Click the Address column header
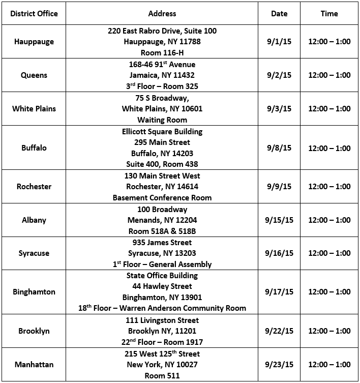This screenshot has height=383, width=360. (162, 14)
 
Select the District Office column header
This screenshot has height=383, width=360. (34, 14)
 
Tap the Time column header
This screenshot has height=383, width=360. (329, 14)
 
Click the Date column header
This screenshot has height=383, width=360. (279, 14)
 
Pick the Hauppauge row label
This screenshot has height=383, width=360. (34, 42)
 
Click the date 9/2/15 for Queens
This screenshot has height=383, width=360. (279, 75)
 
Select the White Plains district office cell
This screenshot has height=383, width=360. (34, 109)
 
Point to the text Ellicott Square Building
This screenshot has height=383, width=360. (162, 132)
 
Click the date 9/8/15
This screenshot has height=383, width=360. (279, 148)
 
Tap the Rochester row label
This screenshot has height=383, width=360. (34, 187)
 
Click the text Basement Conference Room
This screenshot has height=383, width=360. (162, 197)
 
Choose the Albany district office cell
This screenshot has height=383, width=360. (34, 220)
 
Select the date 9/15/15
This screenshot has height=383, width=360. (279, 220)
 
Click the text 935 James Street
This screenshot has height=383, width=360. (162, 243)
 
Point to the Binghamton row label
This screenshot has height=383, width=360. (34, 292)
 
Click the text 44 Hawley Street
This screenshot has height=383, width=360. (162, 286)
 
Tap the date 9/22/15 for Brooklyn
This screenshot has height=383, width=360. (279, 331)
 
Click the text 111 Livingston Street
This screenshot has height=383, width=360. (162, 320)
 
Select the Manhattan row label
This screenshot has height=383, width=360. (34, 365)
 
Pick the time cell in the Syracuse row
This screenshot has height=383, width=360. (329, 253)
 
